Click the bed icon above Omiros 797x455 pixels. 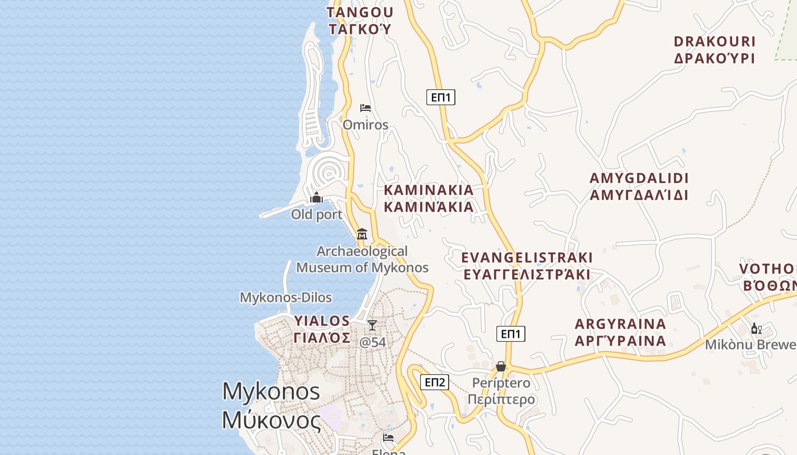coord(365,107)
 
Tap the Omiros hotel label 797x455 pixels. coord(365,125)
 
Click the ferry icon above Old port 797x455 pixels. coord(317,198)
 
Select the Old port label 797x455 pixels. coord(317,214)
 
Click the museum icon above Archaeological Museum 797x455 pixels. coord(362,234)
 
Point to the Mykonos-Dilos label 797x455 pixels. coord(286,297)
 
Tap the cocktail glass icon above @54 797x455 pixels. coord(372,325)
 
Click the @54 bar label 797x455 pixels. coord(373,342)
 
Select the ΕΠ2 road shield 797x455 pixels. coord(435,382)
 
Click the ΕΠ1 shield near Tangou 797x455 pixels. coord(441,97)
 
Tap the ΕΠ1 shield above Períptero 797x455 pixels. coord(511,334)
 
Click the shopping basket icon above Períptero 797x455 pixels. coord(501,366)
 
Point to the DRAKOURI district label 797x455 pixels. coord(714,49)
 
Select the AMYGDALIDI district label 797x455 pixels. coord(639,187)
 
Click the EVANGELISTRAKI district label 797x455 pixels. coord(527,266)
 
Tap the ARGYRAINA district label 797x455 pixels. coord(621,332)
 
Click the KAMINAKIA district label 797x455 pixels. coord(429,198)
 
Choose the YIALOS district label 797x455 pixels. coord(322,329)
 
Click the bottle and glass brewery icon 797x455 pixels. coord(757,328)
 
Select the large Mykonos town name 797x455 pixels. coord(271,406)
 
